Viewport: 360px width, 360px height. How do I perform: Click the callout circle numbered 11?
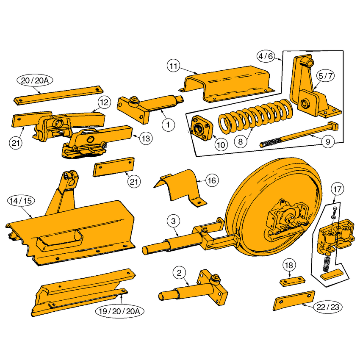[173, 66]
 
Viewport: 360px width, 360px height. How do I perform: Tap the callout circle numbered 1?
[168, 125]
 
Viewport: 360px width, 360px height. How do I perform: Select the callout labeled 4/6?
[266, 56]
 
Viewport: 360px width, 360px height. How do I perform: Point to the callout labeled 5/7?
[325, 76]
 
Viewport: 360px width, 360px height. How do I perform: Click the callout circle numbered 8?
[241, 141]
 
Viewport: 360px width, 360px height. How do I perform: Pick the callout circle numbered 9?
[328, 141]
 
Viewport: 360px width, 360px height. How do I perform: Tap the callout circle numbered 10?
[221, 145]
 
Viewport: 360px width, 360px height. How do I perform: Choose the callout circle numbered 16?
[212, 180]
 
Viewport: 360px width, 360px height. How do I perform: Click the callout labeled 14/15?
[21, 201]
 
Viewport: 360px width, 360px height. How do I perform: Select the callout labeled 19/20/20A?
[119, 311]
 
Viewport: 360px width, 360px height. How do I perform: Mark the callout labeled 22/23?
[328, 307]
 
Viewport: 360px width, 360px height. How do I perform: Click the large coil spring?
[255, 116]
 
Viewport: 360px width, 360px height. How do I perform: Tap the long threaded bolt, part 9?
[299, 135]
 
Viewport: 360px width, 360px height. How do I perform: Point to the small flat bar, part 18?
[292, 281]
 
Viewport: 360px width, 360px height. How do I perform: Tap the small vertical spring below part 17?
[327, 263]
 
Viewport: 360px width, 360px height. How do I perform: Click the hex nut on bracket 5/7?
[305, 104]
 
